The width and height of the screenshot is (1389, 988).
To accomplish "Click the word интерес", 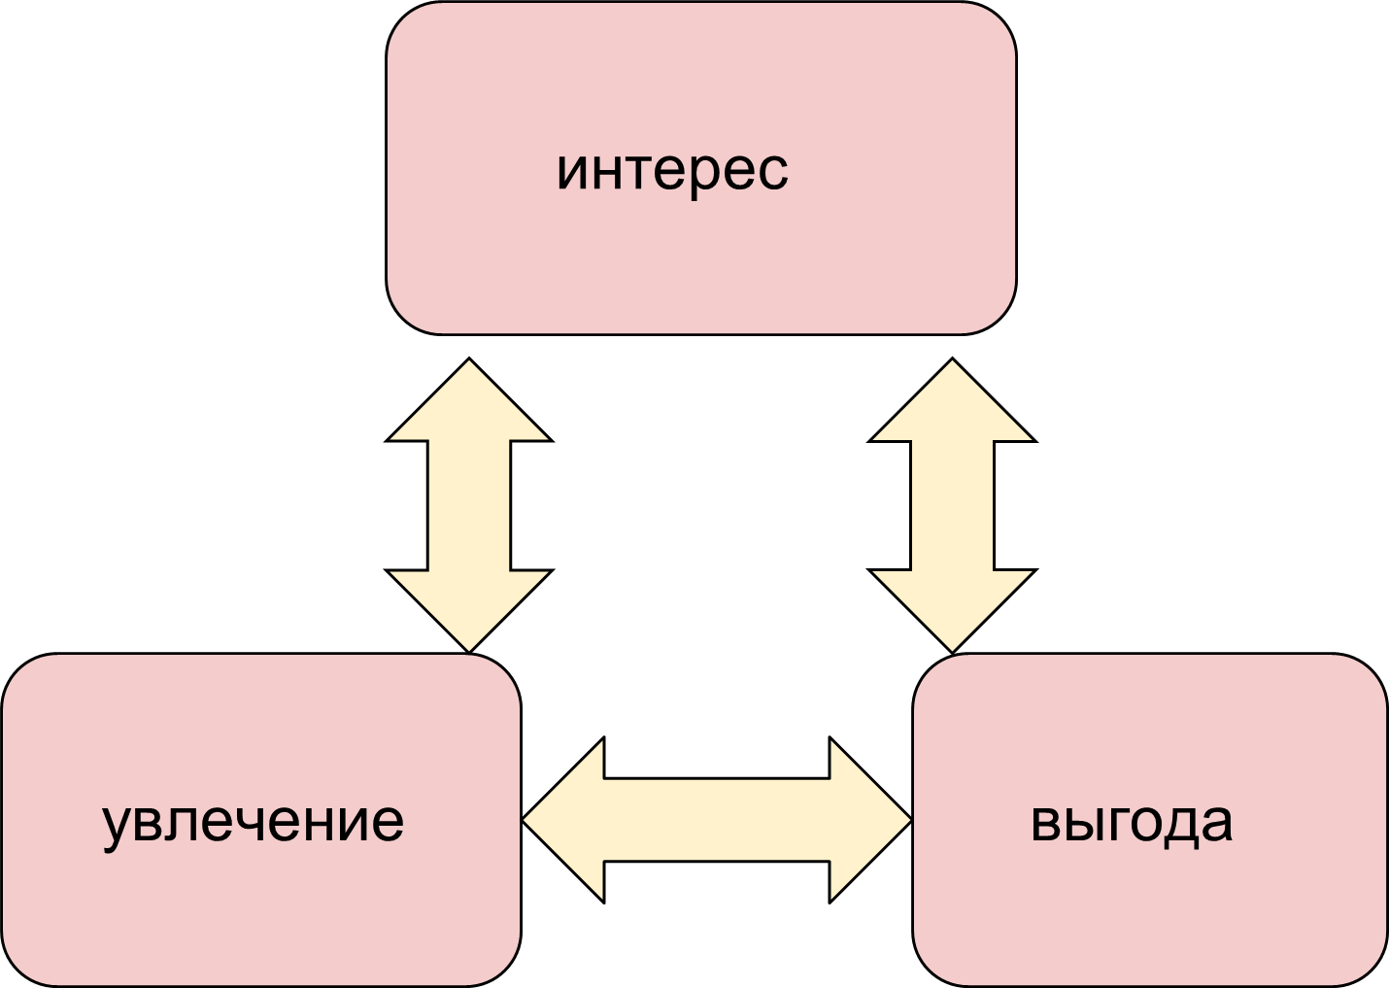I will tap(672, 171).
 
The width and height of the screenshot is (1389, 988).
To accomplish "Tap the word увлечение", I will tap(253, 822).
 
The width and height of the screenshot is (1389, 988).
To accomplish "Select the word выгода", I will tap(1131, 822).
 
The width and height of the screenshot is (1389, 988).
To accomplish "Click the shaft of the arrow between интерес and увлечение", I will tap(468, 505).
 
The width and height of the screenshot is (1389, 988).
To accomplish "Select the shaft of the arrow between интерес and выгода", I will tap(952, 505).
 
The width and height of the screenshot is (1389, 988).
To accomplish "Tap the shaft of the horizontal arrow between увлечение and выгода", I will tap(717, 821).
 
